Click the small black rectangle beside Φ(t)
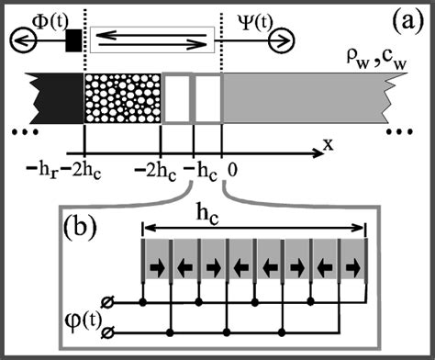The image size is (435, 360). point(73,39)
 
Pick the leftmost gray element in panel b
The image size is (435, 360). point(156,264)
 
